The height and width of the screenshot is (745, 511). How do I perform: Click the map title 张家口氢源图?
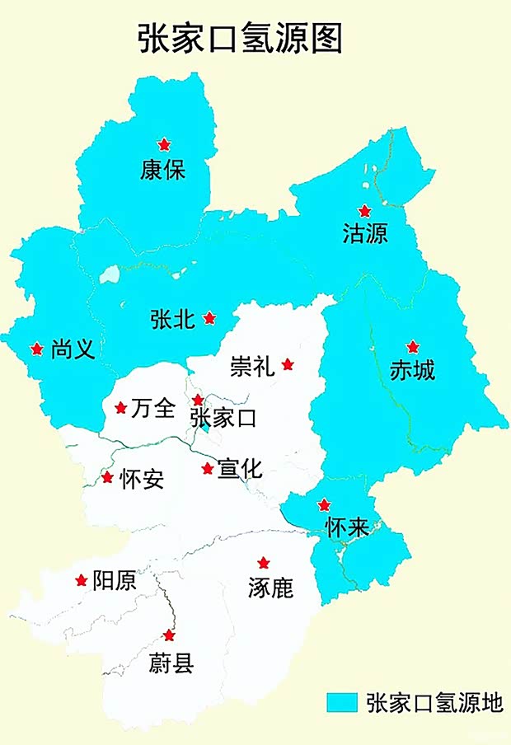click(x=239, y=39)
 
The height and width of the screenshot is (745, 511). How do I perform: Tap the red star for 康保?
click(x=164, y=144)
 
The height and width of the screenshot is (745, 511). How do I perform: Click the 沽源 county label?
click(x=364, y=234)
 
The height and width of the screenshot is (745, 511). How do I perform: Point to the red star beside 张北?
click(x=209, y=317)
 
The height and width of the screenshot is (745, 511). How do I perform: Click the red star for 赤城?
click(x=413, y=347)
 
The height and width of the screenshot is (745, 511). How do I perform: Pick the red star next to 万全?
click(x=120, y=407)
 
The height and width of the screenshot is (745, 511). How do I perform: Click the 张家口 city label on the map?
click(x=223, y=419)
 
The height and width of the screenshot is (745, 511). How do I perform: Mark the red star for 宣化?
click(x=208, y=468)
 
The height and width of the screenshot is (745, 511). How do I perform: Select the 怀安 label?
click(x=141, y=479)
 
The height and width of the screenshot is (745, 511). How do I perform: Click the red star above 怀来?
click(x=325, y=504)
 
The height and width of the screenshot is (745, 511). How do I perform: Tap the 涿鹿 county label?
click(x=270, y=588)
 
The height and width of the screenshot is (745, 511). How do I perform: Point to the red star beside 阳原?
click(x=81, y=580)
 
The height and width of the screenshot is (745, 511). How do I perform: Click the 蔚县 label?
click(x=171, y=663)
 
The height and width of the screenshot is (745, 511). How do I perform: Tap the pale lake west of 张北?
click(x=109, y=275)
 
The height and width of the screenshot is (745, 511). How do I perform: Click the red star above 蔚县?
click(x=169, y=635)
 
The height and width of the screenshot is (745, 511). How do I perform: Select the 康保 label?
click(x=163, y=171)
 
